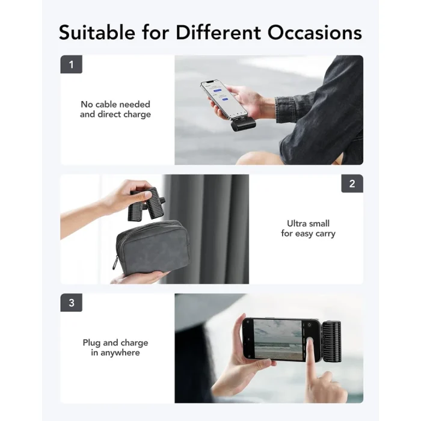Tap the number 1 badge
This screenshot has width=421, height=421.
tap(71, 65)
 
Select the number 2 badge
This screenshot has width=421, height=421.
tap(352, 184)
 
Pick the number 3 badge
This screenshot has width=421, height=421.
tap(71, 303)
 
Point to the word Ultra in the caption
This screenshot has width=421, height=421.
tap(300, 224)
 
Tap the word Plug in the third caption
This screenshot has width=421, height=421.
tap(92, 343)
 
